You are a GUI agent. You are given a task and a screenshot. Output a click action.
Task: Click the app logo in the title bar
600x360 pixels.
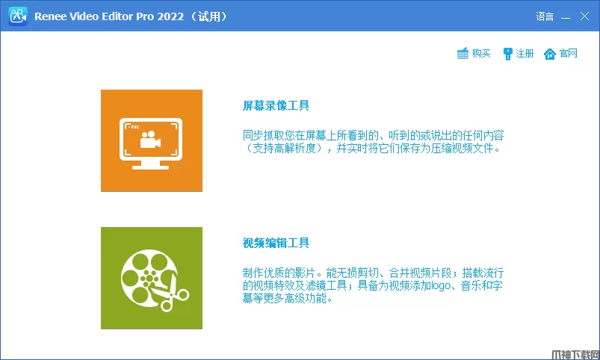[x=18, y=16]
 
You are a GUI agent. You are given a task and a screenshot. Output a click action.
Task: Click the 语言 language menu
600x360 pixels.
[x=545, y=16]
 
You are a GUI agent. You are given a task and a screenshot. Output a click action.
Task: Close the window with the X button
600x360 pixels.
[x=584, y=16]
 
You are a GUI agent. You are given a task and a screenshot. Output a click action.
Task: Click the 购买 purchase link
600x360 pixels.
[x=481, y=53]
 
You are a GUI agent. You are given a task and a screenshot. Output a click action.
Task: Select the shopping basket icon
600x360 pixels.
[x=463, y=54]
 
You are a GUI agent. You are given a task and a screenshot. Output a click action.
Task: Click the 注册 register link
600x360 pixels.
[x=525, y=53]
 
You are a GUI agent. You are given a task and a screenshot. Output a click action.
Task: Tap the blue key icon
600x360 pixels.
[x=507, y=54]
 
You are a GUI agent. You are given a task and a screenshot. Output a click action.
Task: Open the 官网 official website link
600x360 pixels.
[x=568, y=53]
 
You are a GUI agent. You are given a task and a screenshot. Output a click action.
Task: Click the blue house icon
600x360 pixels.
[x=550, y=54]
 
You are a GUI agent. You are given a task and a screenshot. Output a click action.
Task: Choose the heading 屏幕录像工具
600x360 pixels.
[x=276, y=105]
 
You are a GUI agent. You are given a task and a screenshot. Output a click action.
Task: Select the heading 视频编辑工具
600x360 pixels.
[x=276, y=243]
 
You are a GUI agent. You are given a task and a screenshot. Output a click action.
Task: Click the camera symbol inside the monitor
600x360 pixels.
[x=150, y=140]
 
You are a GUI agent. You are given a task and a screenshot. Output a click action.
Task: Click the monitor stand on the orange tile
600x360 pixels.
[x=150, y=165]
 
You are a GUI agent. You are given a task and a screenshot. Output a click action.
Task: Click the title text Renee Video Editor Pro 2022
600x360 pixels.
[x=109, y=16]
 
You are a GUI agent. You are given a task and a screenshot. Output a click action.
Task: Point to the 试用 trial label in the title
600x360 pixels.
[x=209, y=16]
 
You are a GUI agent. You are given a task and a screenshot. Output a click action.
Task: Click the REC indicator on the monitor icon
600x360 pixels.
[x=134, y=127]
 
